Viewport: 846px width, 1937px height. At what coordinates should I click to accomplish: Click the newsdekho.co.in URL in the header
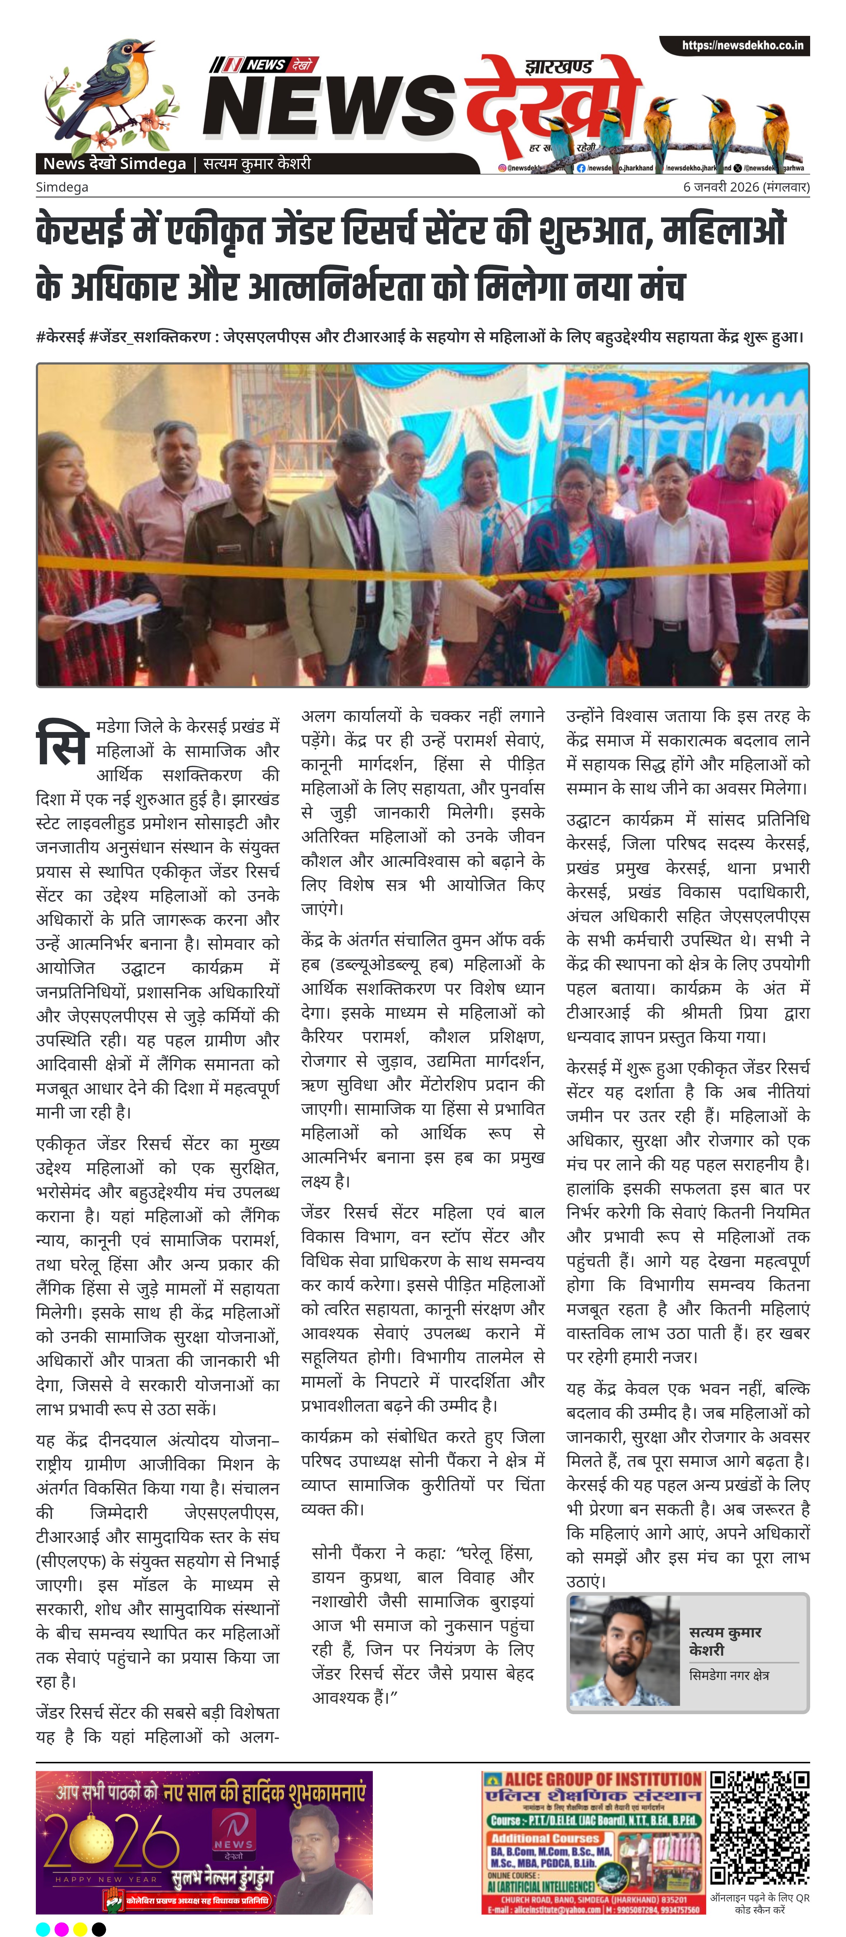point(742,46)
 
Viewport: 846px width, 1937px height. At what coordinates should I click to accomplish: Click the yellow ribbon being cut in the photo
point(338,586)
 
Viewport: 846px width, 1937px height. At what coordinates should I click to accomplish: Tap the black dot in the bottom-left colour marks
point(99,1929)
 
